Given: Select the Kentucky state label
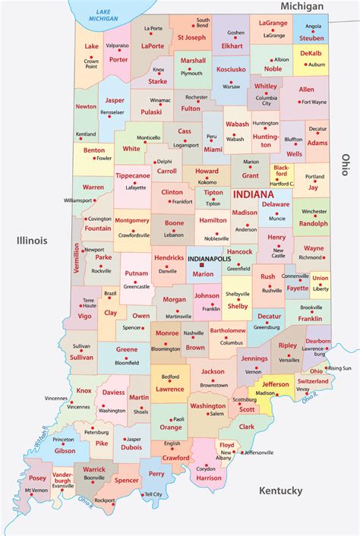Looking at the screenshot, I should point(280,491).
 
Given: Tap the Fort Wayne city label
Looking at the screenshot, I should point(313,102).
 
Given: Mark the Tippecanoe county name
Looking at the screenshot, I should point(132,175).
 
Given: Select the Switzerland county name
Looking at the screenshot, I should point(312,380).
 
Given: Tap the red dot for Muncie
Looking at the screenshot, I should point(274,216).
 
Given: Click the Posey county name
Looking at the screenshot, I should point(37,478).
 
